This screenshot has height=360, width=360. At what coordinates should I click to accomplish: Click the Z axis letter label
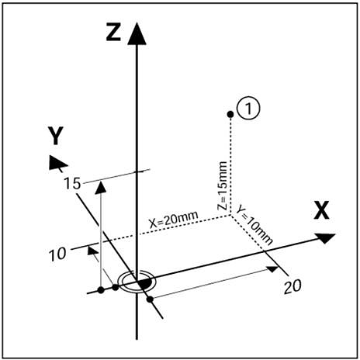pyautogui.click(x=113, y=33)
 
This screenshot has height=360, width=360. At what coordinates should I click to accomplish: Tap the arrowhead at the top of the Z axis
pyautogui.click(x=137, y=33)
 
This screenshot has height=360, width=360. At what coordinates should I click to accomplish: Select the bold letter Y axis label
pyautogui.click(x=56, y=136)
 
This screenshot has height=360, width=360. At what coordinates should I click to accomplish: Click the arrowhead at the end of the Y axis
pyautogui.click(x=57, y=163)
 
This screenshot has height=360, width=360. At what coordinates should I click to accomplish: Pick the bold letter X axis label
pyautogui.click(x=321, y=210)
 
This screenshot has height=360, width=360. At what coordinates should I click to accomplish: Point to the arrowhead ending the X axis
pyautogui.click(x=326, y=237)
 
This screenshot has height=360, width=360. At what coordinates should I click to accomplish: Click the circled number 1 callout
pyautogui.click(x=248, y=108)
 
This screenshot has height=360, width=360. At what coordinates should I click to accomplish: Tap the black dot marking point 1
pyautogui.click(x=230, y=114)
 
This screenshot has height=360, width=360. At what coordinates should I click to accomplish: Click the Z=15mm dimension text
pyautogui.click(x=222, y=185)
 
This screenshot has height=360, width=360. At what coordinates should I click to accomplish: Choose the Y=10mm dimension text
pyautogui.click(x=254, y=225)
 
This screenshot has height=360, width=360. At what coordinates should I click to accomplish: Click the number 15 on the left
pyautogui.click(x=72, y=184)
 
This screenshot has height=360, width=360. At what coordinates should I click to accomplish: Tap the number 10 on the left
pyautogui.click(x=57, y=254)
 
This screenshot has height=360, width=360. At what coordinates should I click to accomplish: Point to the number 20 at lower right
pyautogui.click(x=292, y=286)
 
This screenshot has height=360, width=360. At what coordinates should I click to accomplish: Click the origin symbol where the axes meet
pyautogui.click(x=137, y=282)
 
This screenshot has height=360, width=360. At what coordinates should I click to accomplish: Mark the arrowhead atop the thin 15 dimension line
pyautogui.click(x=101, y=187)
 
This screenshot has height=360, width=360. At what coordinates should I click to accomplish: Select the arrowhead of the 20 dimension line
pyautogui.click(x=272, y=269)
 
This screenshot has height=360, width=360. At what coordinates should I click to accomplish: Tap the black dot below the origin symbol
pyautogui.click(x=150, y=299)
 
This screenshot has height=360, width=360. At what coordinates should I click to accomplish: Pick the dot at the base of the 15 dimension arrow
pyautogui.click(x=101, y=290)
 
